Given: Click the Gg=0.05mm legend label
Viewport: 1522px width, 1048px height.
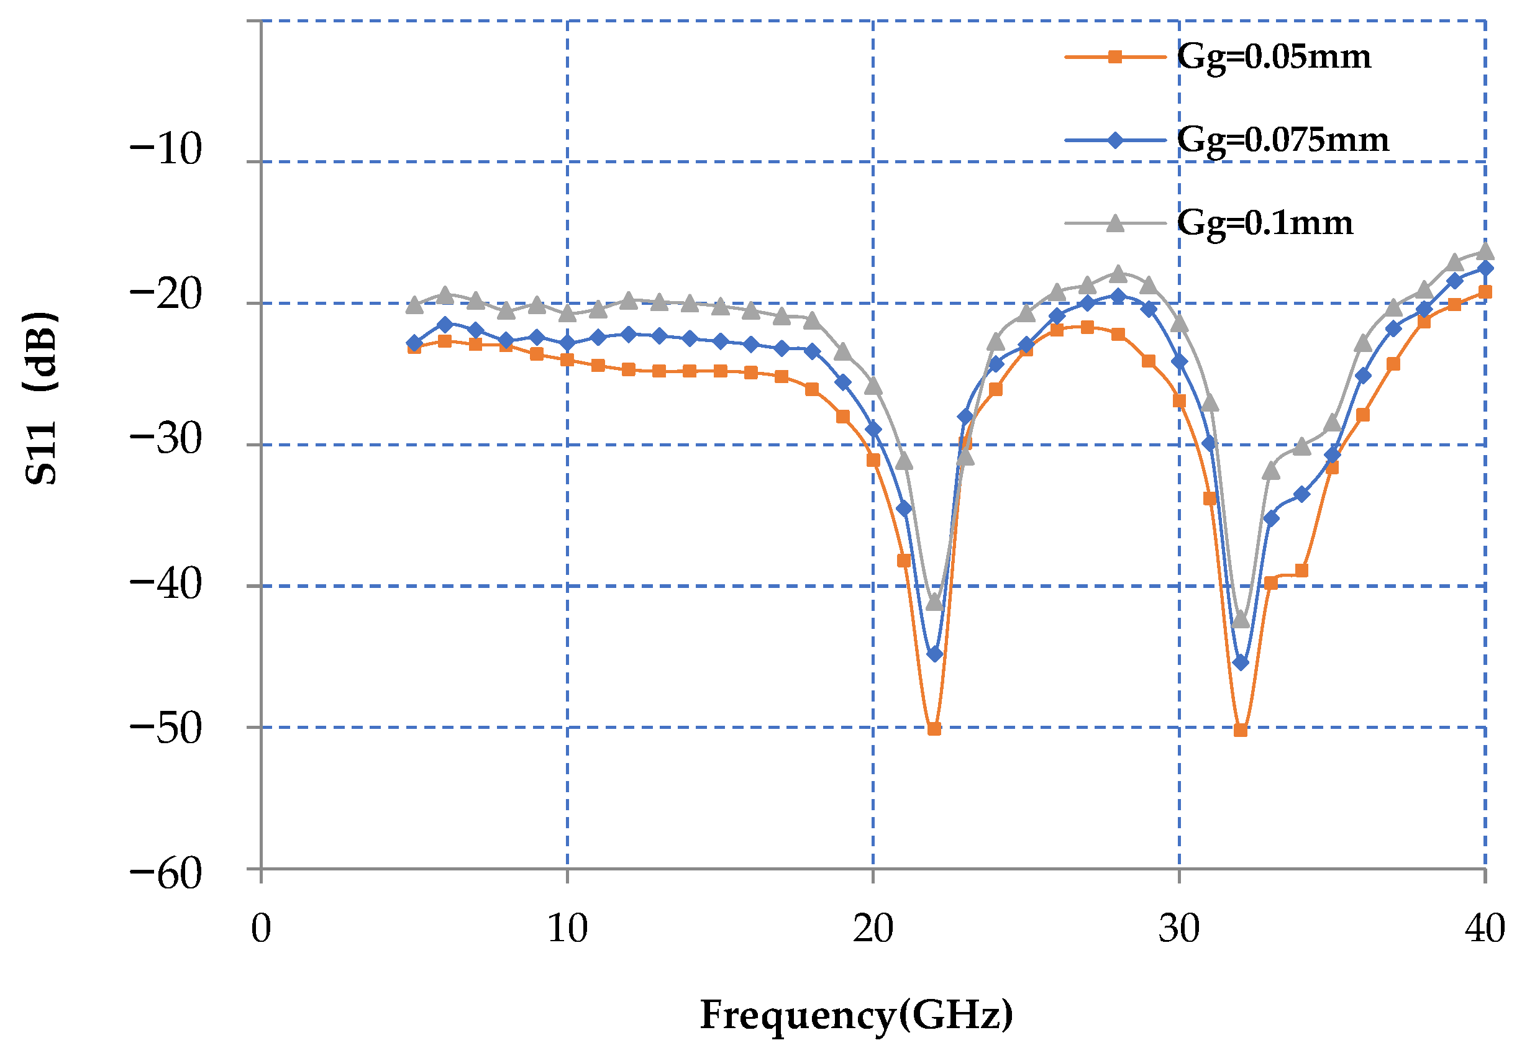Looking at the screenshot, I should pos(1273,57).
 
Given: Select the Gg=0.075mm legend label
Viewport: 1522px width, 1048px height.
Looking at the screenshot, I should pos(1282,140).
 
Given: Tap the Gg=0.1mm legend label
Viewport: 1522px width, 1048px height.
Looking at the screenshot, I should pos(1264,224).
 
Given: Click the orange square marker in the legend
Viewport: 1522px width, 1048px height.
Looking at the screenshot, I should pos(1114,57).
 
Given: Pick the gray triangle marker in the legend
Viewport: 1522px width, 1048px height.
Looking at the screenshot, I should pos(1114,224).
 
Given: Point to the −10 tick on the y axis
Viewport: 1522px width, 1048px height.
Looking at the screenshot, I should pos(165,150).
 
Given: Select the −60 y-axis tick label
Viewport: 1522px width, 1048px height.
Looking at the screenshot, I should pos(165,875).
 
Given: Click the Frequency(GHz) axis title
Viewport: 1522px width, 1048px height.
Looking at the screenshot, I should pos(857,1015).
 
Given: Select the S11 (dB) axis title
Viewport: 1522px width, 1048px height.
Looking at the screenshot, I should pos(41,399).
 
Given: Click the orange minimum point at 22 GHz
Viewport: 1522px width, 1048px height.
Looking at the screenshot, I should pos(934,729).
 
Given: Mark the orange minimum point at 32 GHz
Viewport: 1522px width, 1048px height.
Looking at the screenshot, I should pos(1240,730).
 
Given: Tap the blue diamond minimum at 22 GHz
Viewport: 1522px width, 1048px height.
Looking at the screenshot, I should pos(934,654).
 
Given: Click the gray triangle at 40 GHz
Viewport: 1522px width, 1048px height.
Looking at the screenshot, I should pos(1485,252).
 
